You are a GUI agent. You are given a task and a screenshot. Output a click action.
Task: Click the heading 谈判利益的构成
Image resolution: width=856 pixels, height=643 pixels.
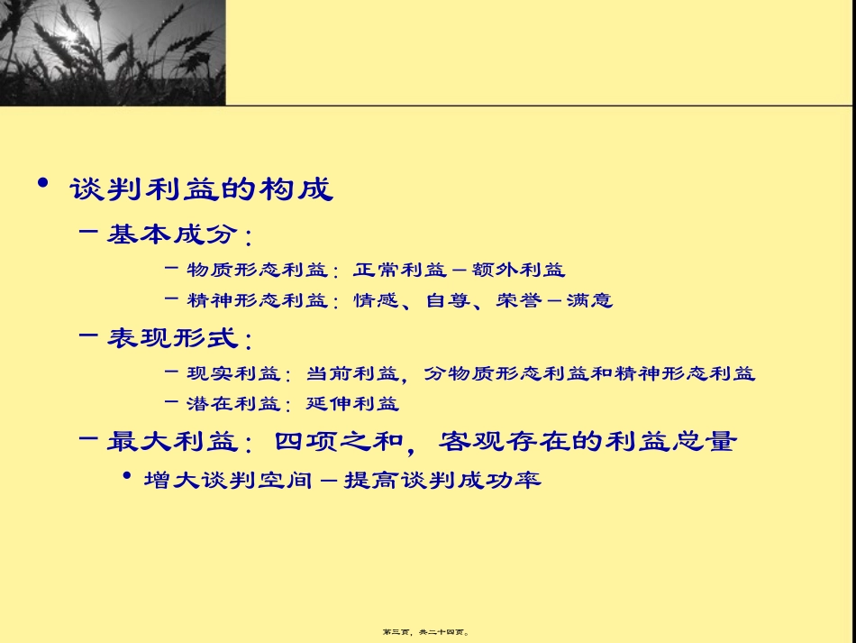[201, 189]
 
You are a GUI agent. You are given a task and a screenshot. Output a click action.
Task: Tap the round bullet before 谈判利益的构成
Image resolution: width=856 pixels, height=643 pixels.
[42, 184]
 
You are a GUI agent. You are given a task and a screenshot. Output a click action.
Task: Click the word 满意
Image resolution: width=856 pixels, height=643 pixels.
[589, 300]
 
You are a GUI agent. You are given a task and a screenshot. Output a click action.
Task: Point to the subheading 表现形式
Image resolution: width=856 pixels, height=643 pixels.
[173, 339]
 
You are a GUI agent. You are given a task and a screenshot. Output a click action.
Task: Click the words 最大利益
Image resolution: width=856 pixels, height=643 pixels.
[171, 442]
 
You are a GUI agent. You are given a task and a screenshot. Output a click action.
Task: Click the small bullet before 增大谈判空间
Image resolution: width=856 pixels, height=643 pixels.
[126, 476]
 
